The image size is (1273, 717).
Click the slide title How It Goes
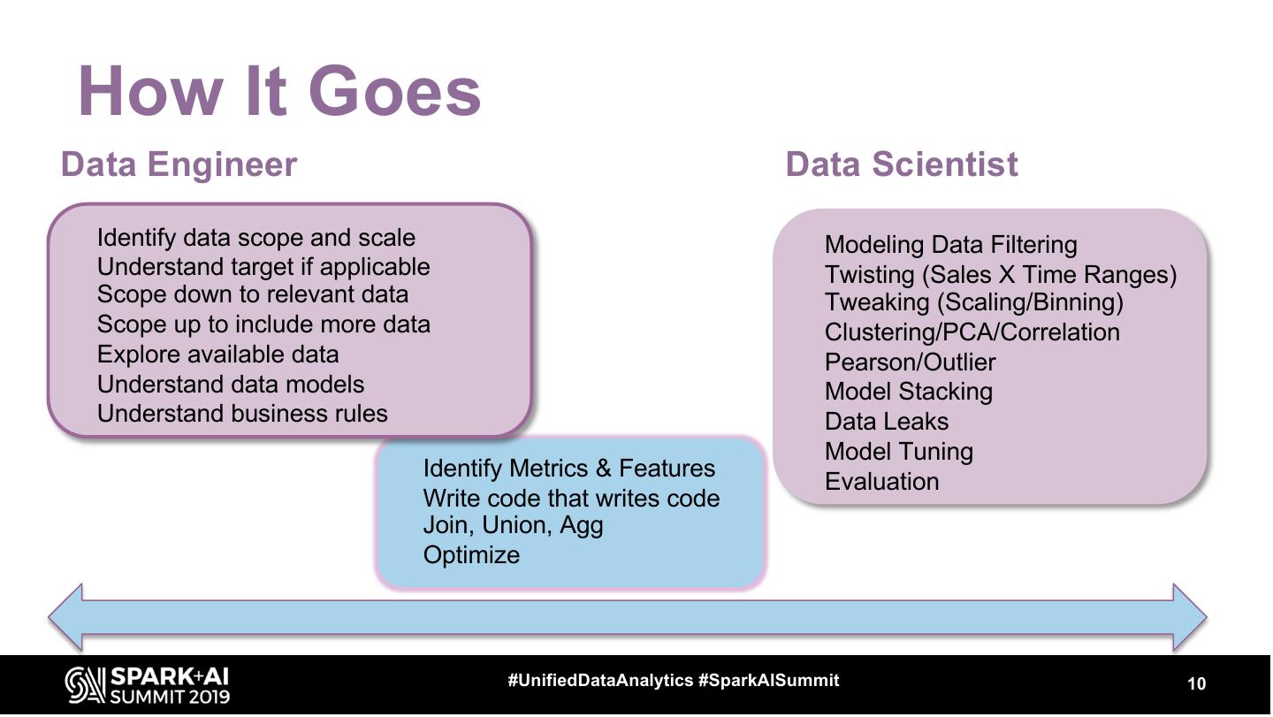pyautogui.click(x=279, y=91)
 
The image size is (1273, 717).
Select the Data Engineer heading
pyautogui.click(x=179, y=164)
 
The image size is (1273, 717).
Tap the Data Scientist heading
pyautogui.click(x=901, y=164)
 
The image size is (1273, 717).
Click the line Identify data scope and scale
pyautogui.click(x=255, y=238)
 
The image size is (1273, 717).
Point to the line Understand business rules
pyautogui.click(x=242, y=413)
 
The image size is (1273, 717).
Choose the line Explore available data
pyautogui.click(x=217, y=355)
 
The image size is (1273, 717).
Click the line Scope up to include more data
pyautogui.click(x=263, y=324)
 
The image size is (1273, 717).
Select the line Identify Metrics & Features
pyautogui.click(x=568, y=469)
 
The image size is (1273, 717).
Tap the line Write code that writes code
pyautogui.click(x=571, y=499)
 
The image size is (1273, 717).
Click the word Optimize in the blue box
pyautogui.click(x=471, y=555)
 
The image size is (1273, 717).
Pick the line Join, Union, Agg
pyautogui.click(x=513, y=525)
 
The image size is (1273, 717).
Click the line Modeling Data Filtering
pyautogui.click(x=950, y=245)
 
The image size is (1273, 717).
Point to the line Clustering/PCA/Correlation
pyautogui.click(x=972, y=332)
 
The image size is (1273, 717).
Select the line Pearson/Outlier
pyautogui.click(x=910, y=362)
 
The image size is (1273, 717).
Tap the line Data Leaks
pyautogui.click(x=886, y=422)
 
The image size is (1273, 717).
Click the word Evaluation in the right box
pyautogui.click(x=881, y=482)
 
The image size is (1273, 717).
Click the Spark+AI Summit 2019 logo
pyautogui.click(x=147, y=685)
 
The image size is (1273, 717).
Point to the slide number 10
pyautogui.click(x=1195, y=684)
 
